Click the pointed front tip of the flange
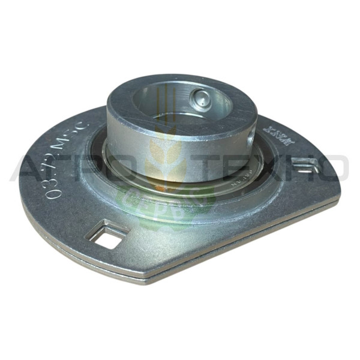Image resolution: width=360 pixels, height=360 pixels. [144, 277]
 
